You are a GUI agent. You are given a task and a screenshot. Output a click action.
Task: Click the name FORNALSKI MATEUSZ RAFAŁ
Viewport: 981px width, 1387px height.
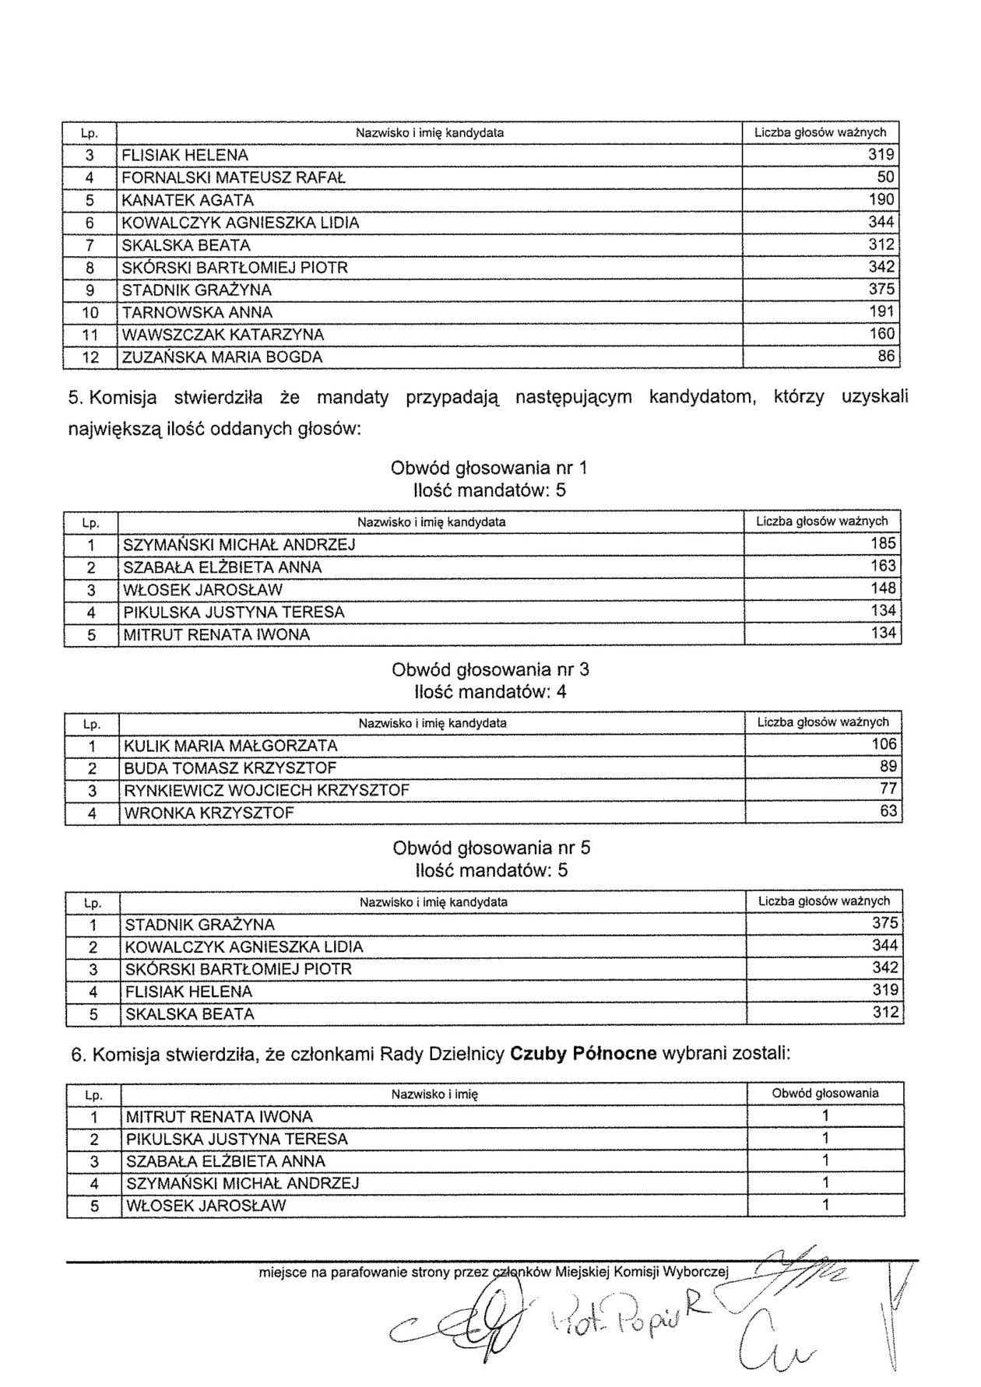pyautogui.click(x=234, y=177)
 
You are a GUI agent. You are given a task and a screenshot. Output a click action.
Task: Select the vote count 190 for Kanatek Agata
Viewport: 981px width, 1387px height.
pyautogui.click(x=881, y=199)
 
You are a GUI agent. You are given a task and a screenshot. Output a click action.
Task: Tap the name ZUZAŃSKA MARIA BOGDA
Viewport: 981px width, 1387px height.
pyautogui.click(x=222, y=357)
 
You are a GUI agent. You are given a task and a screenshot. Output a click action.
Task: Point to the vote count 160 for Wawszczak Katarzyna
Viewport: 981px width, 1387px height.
pyautogui.click(x=881, y=334)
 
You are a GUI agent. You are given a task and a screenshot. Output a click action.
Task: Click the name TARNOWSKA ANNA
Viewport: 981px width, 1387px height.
pyautogui.click(x=198, y=312)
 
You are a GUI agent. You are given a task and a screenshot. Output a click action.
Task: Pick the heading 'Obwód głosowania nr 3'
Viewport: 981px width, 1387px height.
pyautogui.click(x=490, y=669)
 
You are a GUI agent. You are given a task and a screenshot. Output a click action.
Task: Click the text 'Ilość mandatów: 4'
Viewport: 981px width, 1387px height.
pyautogui.click(x=490, y=691)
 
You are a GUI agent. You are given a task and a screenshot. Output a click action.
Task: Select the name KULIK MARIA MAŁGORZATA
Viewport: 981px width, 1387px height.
pyautogui.click(x=230, y=746)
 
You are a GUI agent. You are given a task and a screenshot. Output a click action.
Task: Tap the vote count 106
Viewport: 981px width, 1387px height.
pyautogui.click(x=884, y=744)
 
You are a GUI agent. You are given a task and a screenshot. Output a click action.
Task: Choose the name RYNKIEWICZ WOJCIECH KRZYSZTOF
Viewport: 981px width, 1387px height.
pyautogui.click(x=266, y=790)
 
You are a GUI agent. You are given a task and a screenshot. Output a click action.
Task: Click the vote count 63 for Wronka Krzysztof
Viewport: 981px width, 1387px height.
pyautogui.click(x=888, y=812)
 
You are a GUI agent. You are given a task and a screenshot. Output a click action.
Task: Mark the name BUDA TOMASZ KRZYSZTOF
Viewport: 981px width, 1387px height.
pyautogui.click(x=230, y=768)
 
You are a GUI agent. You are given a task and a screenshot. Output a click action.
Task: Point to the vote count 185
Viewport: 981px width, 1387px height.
pyautogui.click(x=883, y=543)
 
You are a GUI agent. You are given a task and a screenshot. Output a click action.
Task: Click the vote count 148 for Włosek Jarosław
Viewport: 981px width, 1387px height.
pyautogui.click(x=883, y=588)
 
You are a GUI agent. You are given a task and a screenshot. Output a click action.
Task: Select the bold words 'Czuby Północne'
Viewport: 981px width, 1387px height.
pyautogui.click(x=583, y=1055)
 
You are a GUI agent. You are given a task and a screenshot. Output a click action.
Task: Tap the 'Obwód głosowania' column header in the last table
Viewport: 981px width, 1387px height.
pyautogui.click(x=825, y=1094)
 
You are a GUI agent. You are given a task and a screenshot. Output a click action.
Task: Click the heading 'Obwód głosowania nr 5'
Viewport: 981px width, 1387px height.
pyautogui.click(x=491, y=848)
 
